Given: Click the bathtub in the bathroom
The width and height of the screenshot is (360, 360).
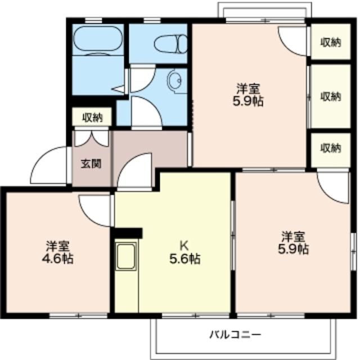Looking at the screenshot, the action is (97, 38).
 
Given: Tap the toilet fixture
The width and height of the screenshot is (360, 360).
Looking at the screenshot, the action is (171, 44).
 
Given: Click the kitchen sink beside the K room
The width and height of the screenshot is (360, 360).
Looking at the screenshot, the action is (126, 256).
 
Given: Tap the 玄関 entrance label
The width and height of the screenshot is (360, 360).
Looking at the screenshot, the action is (91, 164).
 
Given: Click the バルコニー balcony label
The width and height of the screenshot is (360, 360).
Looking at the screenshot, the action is (235, 335).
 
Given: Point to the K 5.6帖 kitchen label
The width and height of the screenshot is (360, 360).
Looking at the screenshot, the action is (185, 253).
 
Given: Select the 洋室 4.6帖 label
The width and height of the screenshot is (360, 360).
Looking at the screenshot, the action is (57, 252).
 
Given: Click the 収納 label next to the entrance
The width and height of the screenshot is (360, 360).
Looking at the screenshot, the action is (93, 118).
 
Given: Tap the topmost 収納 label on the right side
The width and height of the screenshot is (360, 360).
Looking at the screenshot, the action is (331, 42).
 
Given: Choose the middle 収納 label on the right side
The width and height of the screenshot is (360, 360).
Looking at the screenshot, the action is (331, 96).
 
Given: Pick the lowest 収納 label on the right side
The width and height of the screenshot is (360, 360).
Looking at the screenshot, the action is (331, 148).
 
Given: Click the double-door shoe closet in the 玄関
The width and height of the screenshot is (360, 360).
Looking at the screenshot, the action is (92, 139).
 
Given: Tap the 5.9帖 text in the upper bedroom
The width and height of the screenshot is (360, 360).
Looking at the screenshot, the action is (248, 101).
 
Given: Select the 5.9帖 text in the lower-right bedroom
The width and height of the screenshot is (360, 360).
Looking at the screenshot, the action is (294, 249).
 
